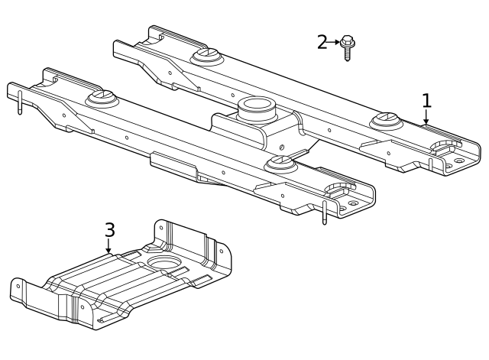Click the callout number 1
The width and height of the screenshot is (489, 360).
click(426, 100)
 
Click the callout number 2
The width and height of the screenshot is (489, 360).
click(322, 42)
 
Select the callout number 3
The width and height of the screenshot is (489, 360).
click(109, 229)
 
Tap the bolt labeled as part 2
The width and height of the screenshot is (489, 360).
click(348, 46)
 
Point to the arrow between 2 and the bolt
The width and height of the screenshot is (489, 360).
click(335, 42)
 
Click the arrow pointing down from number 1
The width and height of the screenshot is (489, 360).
click(426, 118)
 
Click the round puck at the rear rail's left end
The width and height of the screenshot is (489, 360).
click(206, 55)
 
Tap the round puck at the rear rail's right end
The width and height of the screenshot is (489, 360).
click(387, 120)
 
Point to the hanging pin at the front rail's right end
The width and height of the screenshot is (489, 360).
click(325, 213)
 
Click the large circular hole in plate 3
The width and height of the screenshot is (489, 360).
click(163, 264)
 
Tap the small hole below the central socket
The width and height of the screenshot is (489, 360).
click(281, 147)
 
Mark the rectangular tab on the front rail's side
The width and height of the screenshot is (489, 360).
click(173, 163)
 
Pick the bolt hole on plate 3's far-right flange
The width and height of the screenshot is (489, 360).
click(222, 250)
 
